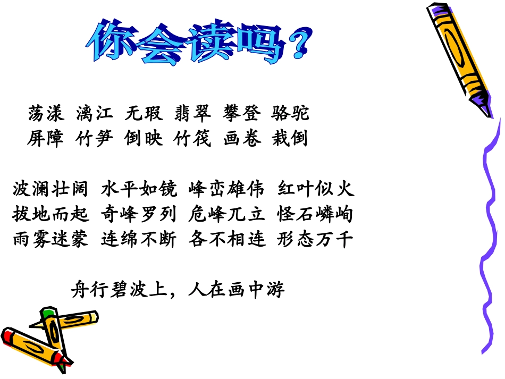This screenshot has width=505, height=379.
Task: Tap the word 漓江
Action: pos(95,113)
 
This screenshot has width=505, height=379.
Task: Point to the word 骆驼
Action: pos(290,113)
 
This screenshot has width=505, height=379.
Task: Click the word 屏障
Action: pos(46,139)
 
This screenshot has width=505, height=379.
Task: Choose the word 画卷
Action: pos(242,139)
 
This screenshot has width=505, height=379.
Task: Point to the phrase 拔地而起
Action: pos(50,214)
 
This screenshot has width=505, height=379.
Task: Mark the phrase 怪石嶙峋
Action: pos(315,214)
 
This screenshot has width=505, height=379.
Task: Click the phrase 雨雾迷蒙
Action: pos(50,240)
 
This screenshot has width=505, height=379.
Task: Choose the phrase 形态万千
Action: pos(315,240)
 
